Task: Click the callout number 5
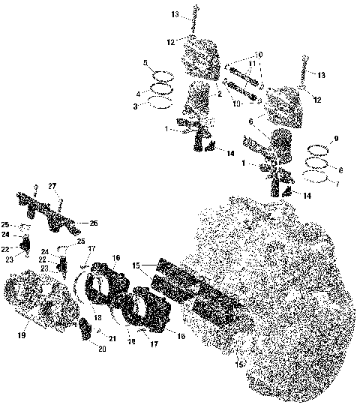(147, 64)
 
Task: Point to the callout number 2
(220, 94)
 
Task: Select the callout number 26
(94, 223)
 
